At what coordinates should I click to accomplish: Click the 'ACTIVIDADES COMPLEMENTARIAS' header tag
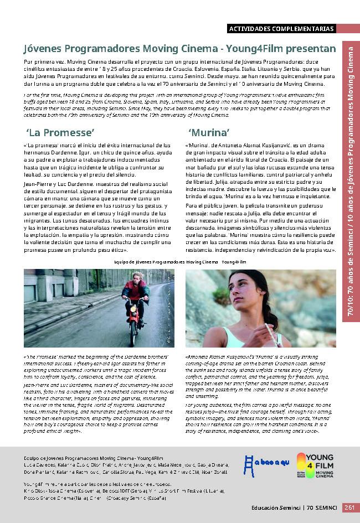pos(281,28)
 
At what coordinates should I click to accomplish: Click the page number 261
pos(349,507)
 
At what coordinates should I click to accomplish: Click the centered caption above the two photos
pos(179,261)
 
